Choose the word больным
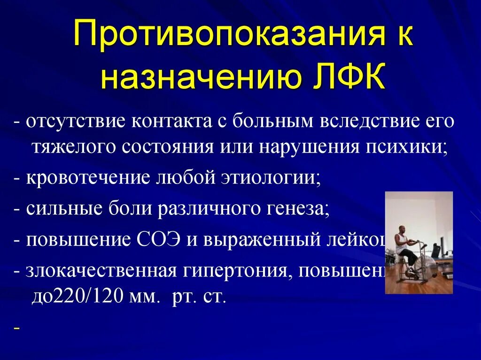274,122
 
